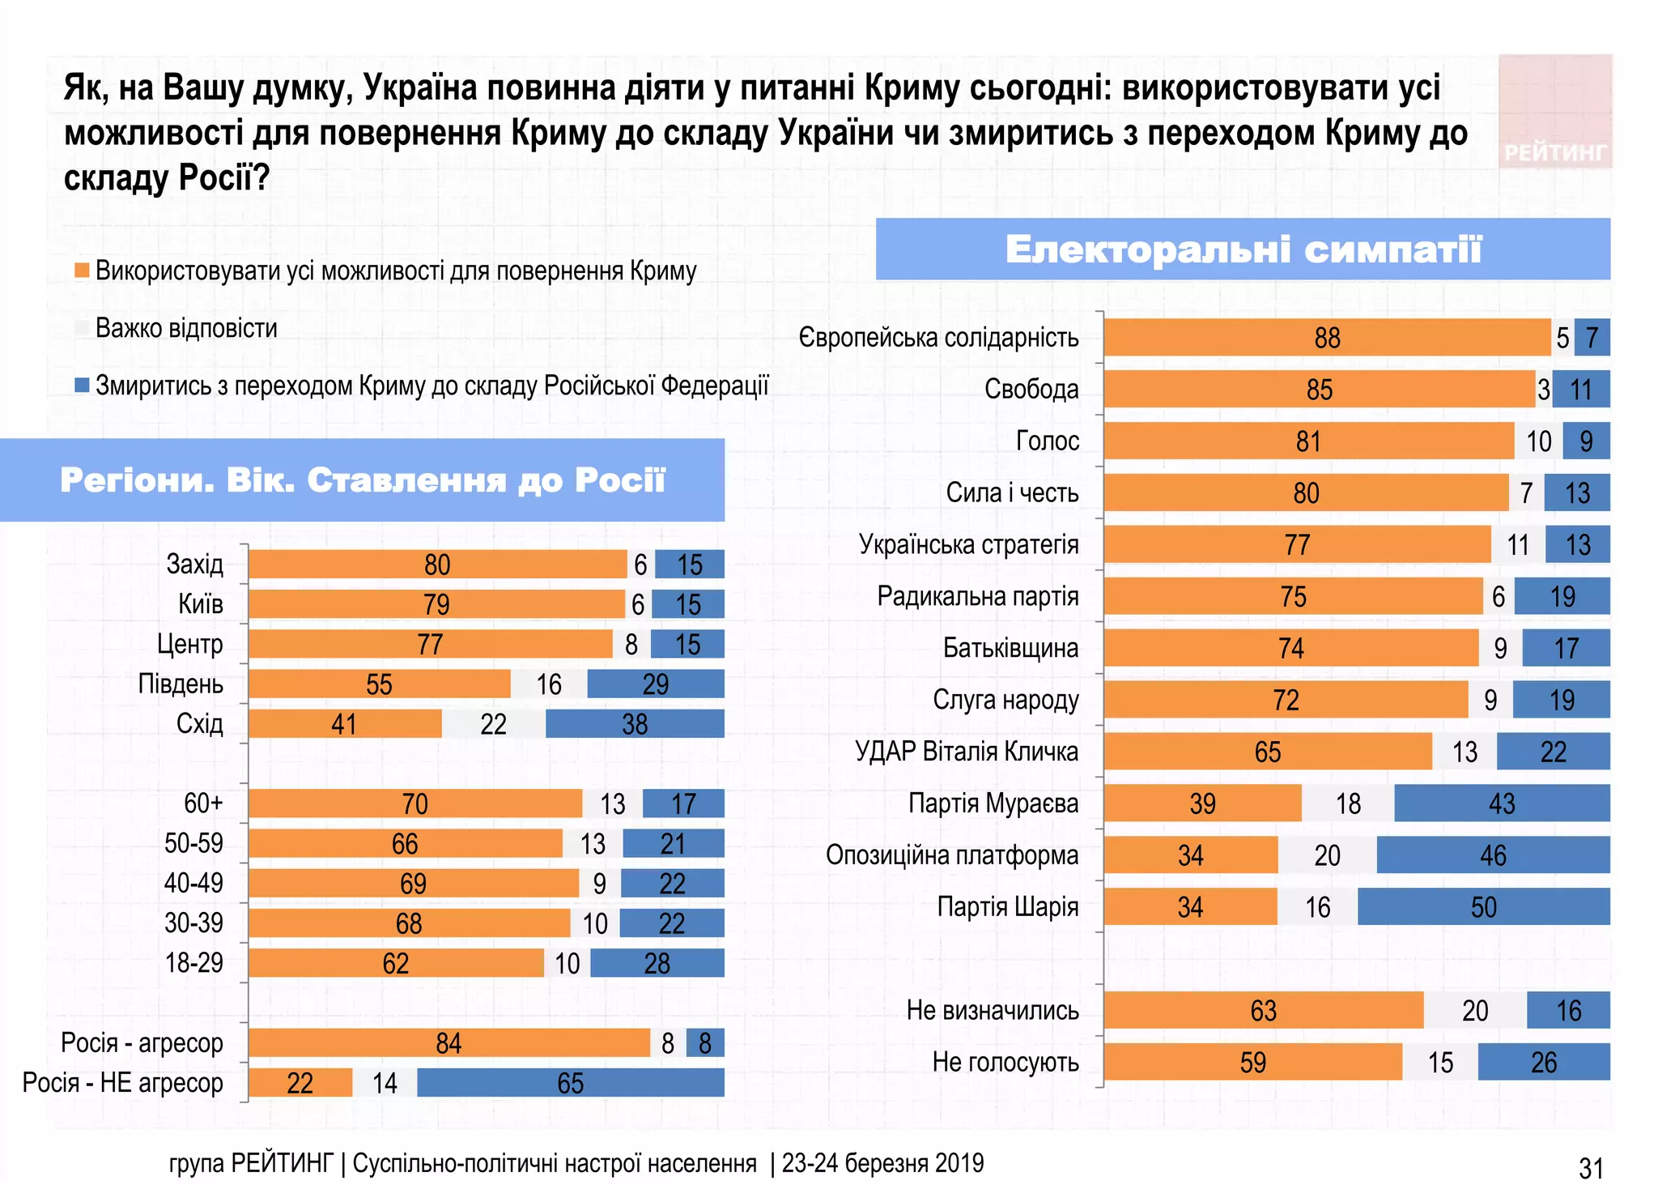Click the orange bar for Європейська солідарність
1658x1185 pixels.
pyautogui.click(x=1327, y=338)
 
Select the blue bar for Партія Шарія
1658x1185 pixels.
pyautogui.click(x=1483, y=907)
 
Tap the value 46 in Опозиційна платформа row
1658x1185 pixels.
pyautogui.click(x=1493, y=855)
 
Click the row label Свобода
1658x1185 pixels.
pyautogui.click(x=1031, y=390)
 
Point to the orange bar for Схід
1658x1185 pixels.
pyautogui.click(x=345, y=724)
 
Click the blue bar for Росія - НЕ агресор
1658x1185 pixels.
pyautogui.click(x=570, y=1083)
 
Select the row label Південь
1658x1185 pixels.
pyautogui.click(x=181, y=684)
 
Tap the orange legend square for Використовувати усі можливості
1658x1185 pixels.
pyautogui.click(x=82, y=271)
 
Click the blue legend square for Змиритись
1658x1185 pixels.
pyautogui.click(x=82, y=386)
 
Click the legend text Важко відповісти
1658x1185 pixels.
pyautogui.click(x=186, y=329)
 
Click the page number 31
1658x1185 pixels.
pyautogui.click(x=1591, y=1168)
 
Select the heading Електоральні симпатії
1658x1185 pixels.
pyautogui.click(x=1243, y=249)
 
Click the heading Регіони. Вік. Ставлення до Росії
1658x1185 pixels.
pyautogui.click(x=363, y=480)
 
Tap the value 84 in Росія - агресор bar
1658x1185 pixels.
pyautogui.click(x=448, y=1043)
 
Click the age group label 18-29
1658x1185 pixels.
pyautogui.click(x=193, y=963)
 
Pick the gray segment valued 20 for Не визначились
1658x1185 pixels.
pyautogui.click(x=1474, y=1011)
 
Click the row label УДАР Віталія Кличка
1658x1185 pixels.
pyautogui.click(x=967, y=752)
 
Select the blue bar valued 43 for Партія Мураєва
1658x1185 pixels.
pyautogui.click(x=1501, y=803)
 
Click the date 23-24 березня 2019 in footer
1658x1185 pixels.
pyautogui.click(x=882, y=1163)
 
